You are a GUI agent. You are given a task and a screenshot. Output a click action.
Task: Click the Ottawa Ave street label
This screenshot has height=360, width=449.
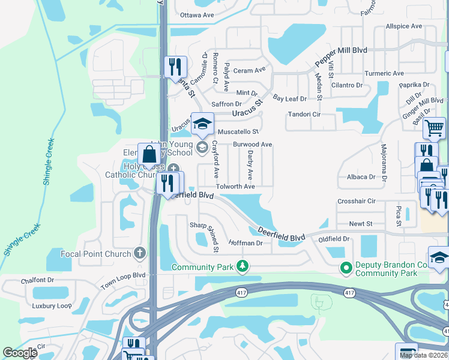click(x=197, y=14)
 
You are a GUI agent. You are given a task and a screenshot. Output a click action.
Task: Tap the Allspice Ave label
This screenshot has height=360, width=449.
click(x=404, y=26)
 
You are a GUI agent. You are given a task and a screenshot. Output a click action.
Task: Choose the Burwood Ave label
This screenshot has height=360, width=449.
click(x=253, y=145)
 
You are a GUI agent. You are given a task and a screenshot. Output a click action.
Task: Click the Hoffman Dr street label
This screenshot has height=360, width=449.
click(x=246, y=243)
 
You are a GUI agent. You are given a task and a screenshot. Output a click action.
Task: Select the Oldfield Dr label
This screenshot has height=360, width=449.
click(x=334, y=239)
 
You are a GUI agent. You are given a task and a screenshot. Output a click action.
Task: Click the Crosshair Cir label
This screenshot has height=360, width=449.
click(x=357, y=201)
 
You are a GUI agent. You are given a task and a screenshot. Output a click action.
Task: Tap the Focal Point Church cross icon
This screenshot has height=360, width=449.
click(x=140, y=254)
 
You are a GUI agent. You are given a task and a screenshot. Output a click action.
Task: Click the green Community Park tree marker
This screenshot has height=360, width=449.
click(x=243, y=266)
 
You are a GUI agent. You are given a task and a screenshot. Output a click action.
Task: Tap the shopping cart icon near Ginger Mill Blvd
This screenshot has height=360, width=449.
click(x=434, y=127)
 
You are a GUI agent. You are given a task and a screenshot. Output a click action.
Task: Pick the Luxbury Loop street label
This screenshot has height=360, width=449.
click(x=52, y=305)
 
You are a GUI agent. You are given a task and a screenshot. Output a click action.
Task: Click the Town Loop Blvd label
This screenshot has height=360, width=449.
click(x=123, y=280)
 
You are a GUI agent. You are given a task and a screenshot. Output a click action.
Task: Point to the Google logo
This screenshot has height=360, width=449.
click(x=20, y=353)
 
